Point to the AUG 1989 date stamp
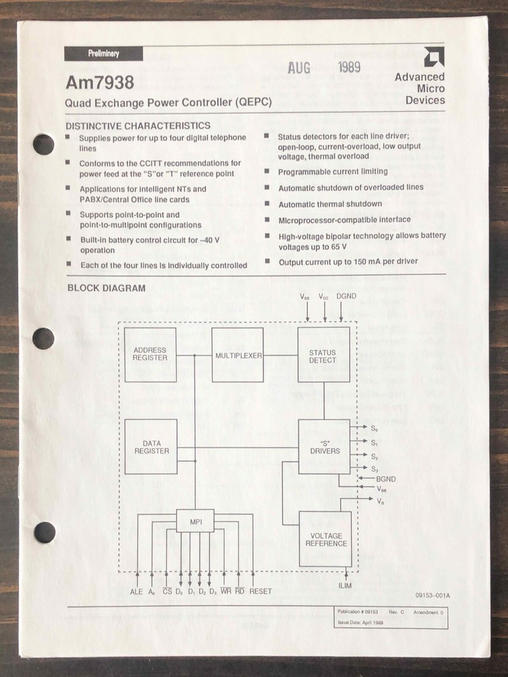pyautogui.click(x=324, y=68)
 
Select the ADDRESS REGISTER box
pyautogui.click(x=150, y=354)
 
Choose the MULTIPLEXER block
pyautogui.click(x=238, y=355)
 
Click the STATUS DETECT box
pyautogui.click(x=323, y=356)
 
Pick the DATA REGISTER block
pyautogui.click(x=151, y=446)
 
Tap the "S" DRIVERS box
pyautogui.click(x=324, y=447)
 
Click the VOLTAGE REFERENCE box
pyautogui.click(x=324, y=539)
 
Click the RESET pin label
pyautogui.click(x=261, y=592)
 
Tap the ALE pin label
pyautogui.click(x=137, y=592)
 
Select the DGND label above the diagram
pyautogui.click(x=346, y=297)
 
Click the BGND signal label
pyautogui.click(x=385, y=478)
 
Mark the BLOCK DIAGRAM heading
pyautogui.click(x=106, y=288)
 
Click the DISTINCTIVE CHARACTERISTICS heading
pyautogui.click(x=137, y=125)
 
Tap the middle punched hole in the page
pyautogui.click(x=44, y=338)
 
